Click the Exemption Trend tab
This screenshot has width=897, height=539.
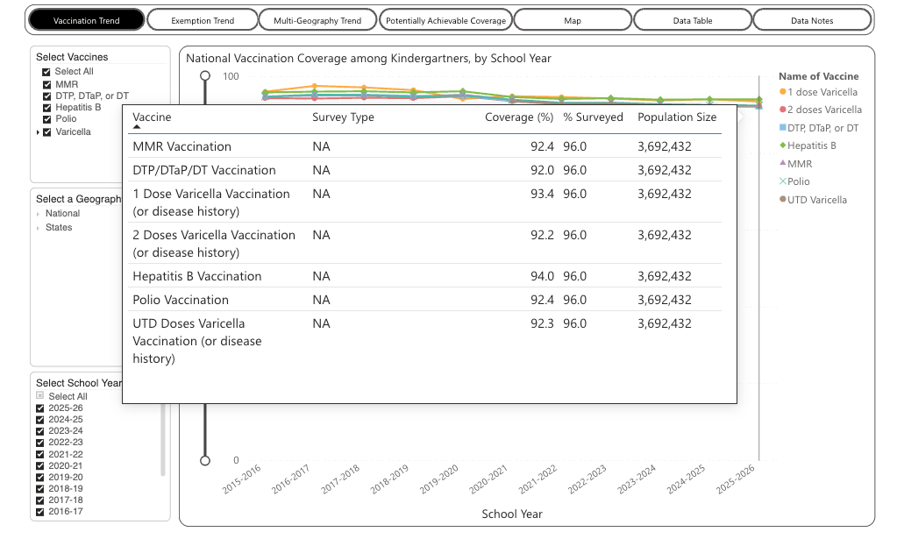click(203, 20)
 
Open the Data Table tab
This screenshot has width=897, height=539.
click(692, 20)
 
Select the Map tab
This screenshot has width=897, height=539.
click(572, 20)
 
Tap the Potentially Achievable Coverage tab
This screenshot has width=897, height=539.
click(445, 20)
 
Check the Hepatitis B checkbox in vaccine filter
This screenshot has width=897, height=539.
click(46, 108)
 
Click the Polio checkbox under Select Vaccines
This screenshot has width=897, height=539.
click(46, 119)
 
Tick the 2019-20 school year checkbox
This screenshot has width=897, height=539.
click(40, 478)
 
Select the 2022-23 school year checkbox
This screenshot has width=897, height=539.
click(40, 443)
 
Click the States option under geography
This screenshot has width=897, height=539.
click(59, 228)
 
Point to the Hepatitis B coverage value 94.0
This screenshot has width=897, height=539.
click(542, 276)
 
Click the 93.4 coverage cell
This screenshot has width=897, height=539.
click(542, 194)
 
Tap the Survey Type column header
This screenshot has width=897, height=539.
click(343, 117)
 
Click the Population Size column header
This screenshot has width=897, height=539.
click(677, 117)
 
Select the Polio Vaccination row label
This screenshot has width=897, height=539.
click(181, 300)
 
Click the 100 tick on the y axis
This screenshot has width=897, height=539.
click(231, 76)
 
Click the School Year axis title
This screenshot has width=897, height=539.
click(512, 514)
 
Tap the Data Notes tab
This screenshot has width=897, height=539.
click(812, 20)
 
